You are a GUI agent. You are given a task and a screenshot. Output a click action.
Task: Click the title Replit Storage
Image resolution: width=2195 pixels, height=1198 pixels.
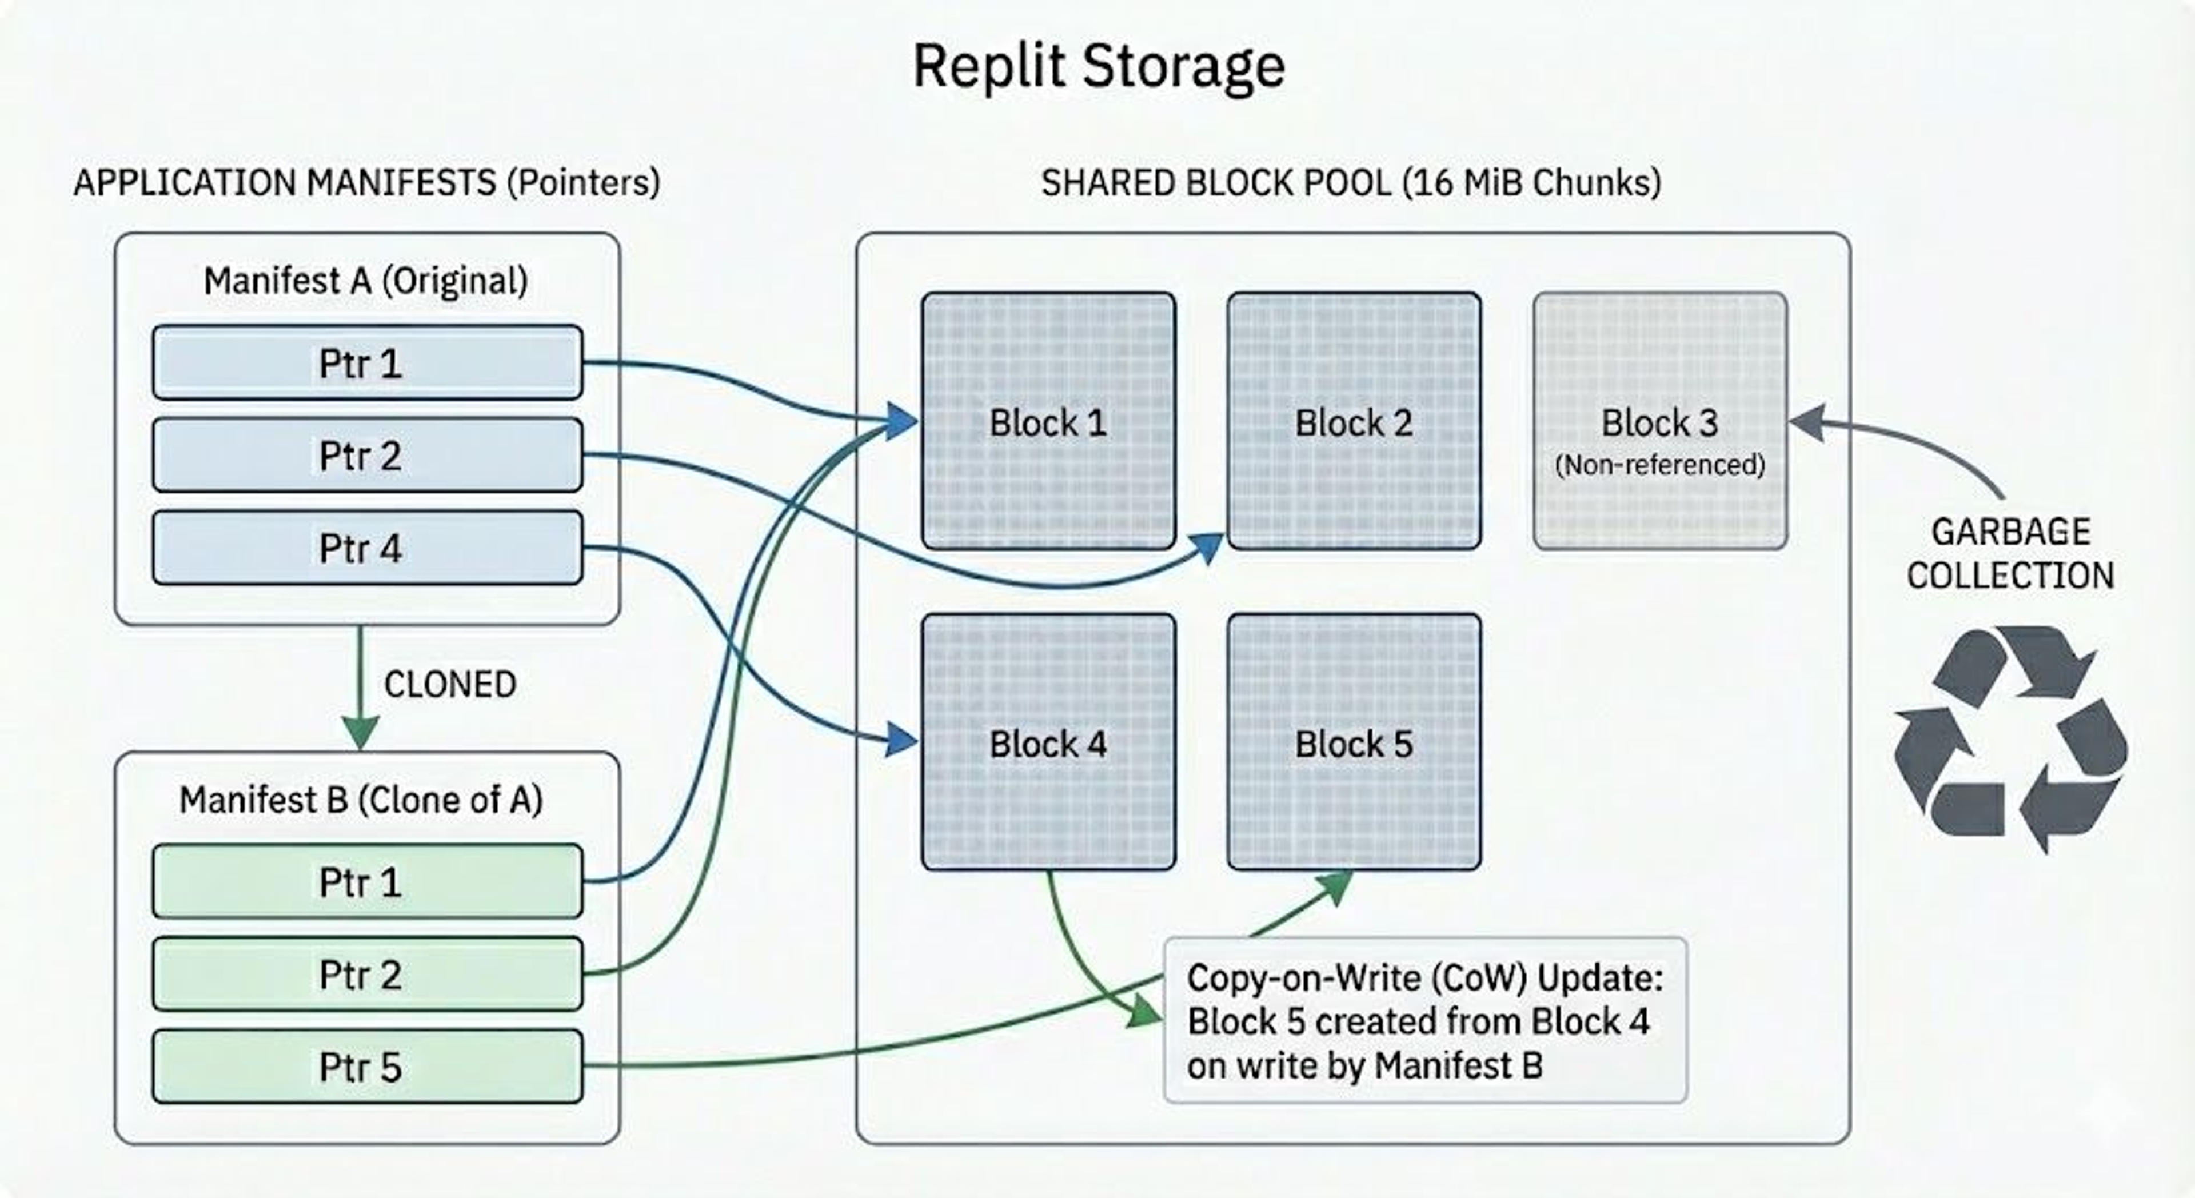[1098, 66]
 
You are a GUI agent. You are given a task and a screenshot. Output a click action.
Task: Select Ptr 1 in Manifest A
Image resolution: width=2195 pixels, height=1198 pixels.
[367, 362]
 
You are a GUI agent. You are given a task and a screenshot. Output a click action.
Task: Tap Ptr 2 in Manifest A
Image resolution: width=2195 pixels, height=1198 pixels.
[367, 455]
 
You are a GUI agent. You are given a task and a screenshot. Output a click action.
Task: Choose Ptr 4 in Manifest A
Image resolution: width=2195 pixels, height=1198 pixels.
[367, 548]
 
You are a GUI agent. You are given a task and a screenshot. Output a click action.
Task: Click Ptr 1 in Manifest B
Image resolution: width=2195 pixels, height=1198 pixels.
[367, 881]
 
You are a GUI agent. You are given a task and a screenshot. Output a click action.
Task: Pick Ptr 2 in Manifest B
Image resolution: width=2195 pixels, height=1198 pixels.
[367, 974]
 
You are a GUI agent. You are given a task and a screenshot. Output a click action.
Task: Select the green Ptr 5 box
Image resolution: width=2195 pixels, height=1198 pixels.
[367, 1067]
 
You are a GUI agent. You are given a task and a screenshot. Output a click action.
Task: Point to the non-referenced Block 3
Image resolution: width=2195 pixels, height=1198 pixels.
[1659, 421]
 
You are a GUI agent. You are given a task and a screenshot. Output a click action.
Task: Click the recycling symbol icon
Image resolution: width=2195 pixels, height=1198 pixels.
[2010, 738]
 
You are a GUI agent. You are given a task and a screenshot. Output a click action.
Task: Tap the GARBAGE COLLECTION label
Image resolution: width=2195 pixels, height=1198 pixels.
[2010, 554]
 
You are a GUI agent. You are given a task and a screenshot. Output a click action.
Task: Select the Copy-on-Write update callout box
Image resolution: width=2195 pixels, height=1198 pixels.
[1424, 1020]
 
